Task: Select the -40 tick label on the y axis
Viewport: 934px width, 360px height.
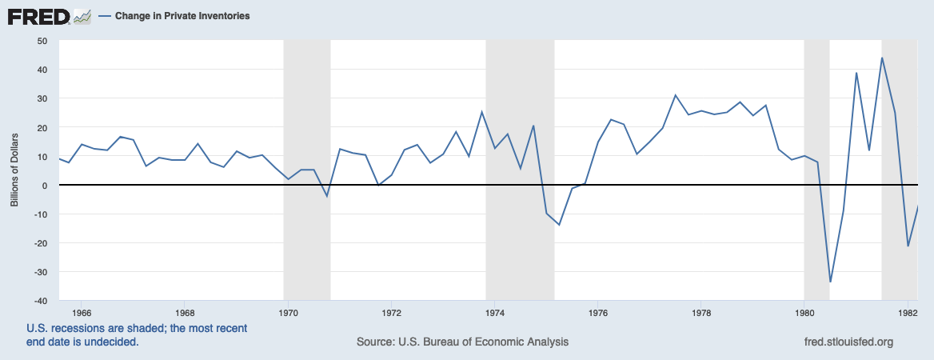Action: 39,301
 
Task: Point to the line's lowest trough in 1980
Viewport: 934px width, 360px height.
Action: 831,282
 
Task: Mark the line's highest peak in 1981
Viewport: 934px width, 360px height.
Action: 882,58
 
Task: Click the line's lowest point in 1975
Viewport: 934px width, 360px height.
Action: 559,225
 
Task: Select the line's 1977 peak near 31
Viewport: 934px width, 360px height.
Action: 675,95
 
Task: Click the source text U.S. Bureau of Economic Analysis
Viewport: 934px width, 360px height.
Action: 462,342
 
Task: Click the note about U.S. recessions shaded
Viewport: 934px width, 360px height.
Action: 137,335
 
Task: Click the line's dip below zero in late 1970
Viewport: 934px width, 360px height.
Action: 326,196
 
